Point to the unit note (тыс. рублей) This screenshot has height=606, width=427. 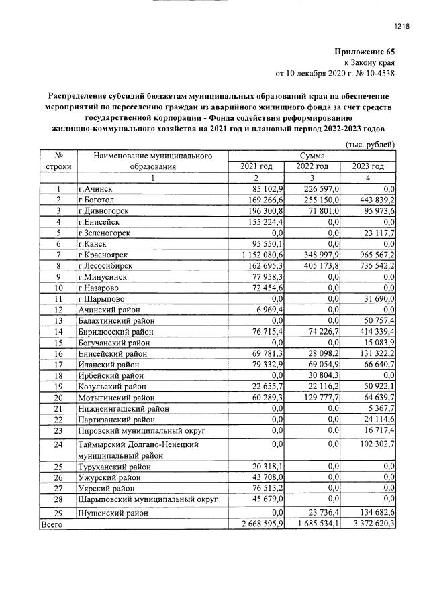370,145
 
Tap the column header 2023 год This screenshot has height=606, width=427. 368,166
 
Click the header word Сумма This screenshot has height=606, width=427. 312,156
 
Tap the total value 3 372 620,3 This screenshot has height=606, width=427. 370,524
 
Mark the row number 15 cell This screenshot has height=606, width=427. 58,343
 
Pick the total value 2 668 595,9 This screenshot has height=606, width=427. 257,524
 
